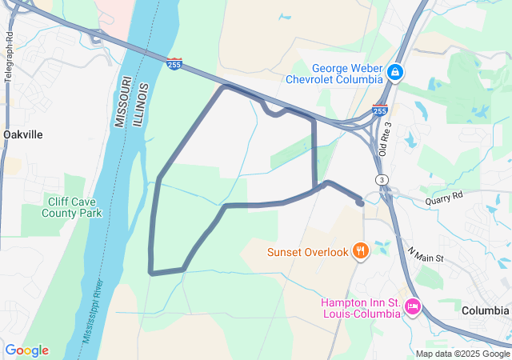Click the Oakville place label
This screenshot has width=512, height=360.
pyautogui.click(x=22, y=134)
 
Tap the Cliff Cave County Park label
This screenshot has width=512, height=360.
pyautogui.click(x=73, y=208)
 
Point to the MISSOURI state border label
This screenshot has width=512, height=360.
pyautogui.click(x=119, y=102)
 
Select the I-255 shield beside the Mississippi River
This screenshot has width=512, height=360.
pyautogui.click(x=174, y=64)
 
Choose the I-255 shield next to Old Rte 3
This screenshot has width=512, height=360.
pyautogui.click(x=380, y=110)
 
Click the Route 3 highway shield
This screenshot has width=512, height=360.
pyautogui.click(x=383, y=179)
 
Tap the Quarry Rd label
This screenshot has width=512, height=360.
pyautogui.click(x=444, y=196)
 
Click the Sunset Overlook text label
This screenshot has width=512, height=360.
pyautogui.click(x=308, y=253)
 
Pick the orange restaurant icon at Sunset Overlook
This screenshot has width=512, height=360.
pyautogui.click(x=361, y=252)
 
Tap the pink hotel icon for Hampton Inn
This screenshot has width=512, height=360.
pyautogui.click(x=413, y=306)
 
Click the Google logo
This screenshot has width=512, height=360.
pyautogui.click(x=26, y=350)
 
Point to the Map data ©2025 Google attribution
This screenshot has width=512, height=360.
pyautogui.click(x=462, y=354)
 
